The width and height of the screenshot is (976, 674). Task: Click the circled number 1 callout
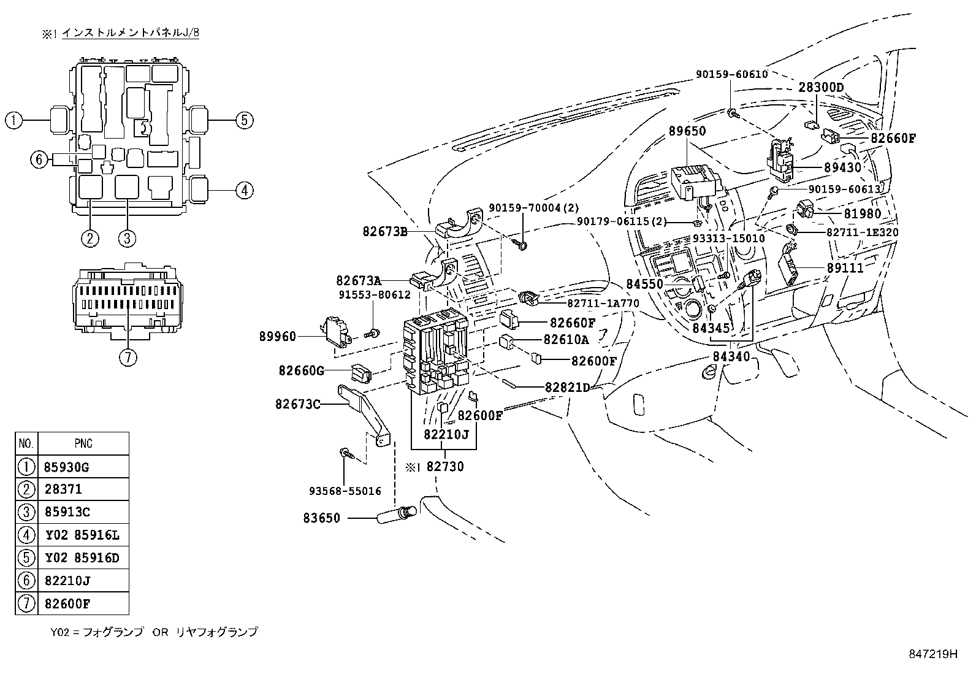tap(13, 120)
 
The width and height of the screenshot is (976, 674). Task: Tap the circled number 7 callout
tap(127, 358)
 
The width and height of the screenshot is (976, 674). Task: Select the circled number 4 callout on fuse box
tap(244, 191)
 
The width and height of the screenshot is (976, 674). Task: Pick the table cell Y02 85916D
tap(83, 558)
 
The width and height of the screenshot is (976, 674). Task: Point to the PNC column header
tap(83, 443)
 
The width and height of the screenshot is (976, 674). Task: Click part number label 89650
tap(687, 131)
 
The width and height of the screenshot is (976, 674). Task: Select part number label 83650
tap(321, 518)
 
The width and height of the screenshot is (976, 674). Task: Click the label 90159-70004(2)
tap(534, 209)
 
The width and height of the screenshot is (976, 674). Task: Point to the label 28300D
tap(821, 88)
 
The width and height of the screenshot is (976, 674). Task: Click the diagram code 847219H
tap(932, 654)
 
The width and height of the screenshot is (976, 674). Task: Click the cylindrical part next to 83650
tap(392, 516)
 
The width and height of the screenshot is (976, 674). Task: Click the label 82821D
tap(567, 387)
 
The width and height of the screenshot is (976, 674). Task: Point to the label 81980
tap(862, 214)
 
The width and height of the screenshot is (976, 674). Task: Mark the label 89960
tap(278, 336)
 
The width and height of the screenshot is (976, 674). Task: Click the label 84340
tap(731, 356)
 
